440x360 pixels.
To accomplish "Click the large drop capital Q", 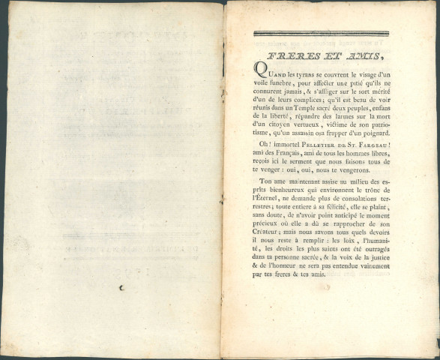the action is (x=260, y=71).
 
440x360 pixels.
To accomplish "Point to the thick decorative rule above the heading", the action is (x=321, y=33).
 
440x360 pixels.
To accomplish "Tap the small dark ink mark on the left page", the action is (x=121, y=285).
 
